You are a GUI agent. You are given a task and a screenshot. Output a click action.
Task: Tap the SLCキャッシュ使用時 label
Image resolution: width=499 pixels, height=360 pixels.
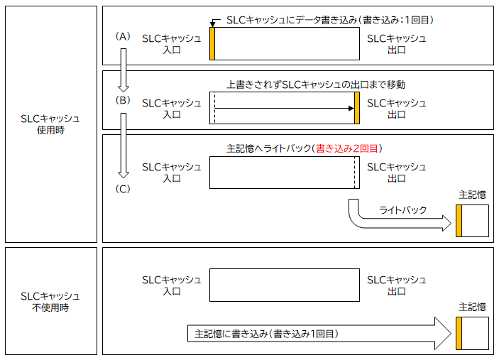[x=50, y=124]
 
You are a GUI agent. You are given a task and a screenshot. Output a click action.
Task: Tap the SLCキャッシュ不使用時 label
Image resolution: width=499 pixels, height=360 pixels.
[x=50, y=302]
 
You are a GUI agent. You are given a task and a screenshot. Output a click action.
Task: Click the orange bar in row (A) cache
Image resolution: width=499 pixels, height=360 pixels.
[x=212, y=43]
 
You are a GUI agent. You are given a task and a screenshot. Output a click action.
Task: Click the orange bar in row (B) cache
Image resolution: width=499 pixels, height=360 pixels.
[x=357, y=108]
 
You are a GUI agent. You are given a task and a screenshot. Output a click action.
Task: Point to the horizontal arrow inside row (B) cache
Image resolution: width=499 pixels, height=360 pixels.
[x=284, y=108]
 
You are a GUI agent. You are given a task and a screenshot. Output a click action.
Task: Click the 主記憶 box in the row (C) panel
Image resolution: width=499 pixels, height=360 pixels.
[x=473, y=220]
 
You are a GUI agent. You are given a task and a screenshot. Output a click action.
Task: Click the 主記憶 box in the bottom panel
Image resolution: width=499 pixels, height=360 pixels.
[x=473, y=333]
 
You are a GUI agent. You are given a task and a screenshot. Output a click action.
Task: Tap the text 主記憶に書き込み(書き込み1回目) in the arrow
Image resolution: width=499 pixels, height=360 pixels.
[x=265, y=333]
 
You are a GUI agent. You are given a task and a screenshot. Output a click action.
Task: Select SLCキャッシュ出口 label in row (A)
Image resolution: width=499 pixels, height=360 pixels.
[x=396, y=44]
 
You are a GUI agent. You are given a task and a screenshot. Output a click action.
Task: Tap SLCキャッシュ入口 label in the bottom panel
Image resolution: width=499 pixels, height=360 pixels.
[x=172, y=285]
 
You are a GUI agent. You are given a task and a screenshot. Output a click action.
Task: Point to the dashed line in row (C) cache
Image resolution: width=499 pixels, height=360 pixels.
[x=354, y=173]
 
